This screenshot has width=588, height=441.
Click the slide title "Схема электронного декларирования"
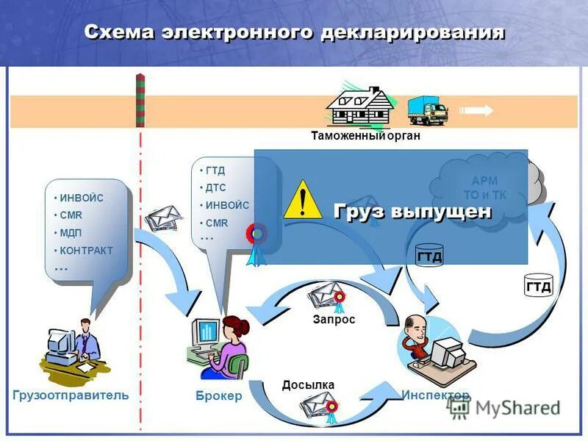[294, 32]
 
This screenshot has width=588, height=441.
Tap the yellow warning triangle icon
[301, 199]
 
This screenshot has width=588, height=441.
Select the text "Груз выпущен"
[412, 212]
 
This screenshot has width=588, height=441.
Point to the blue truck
[427, 111]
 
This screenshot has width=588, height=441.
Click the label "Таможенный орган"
[365, 136]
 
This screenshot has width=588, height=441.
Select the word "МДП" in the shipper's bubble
[71, 233]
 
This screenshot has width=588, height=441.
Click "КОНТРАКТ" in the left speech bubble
[86, 251]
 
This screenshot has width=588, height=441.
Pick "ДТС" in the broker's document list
[215, 188]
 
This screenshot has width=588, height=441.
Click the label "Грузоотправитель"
[71, 395]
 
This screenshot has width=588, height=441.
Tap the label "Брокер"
[218, 396]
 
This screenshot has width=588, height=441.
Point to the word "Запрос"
[334, 320]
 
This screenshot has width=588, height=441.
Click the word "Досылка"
[308, 385]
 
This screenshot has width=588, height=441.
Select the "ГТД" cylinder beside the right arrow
[538, 285]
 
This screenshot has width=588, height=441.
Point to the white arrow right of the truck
[478, 111]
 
